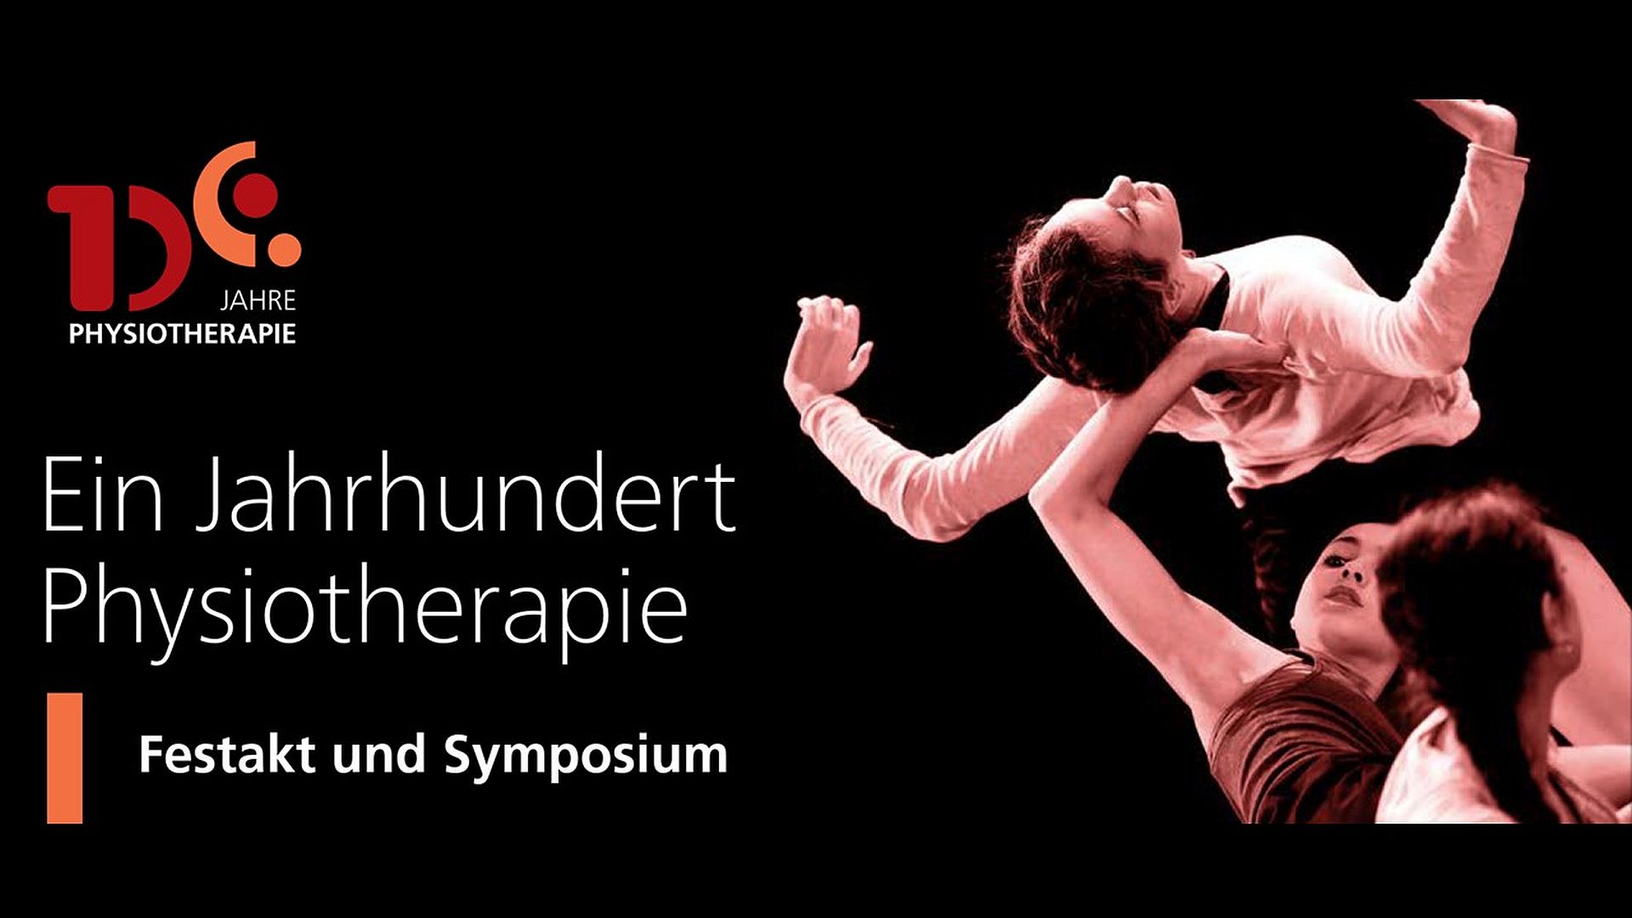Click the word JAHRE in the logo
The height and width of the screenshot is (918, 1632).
(x=258, y=301)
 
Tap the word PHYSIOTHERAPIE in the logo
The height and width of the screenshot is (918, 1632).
(x=183, y=334)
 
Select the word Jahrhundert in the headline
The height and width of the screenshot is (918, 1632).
(x=465, y=496)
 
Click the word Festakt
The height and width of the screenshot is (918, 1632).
(x=227, y=754)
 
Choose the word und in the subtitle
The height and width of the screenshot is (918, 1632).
(x=379, y=755)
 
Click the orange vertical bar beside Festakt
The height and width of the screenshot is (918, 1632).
(x=65, y=758)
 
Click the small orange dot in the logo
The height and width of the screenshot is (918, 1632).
(x=285, y=246)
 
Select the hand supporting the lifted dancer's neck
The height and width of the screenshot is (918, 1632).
(x=1224, y=350)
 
